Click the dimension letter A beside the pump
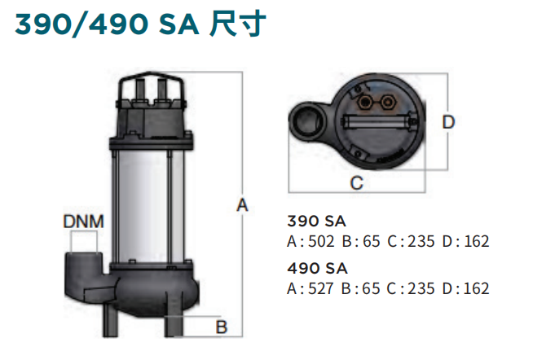[242, 205]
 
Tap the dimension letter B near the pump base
[222, 327]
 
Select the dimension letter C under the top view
[357, 183]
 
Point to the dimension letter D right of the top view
[448, 122]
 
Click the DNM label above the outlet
[84, 222]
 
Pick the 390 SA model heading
[316, 221]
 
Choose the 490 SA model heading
[317, 268]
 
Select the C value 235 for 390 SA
[421, 241]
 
